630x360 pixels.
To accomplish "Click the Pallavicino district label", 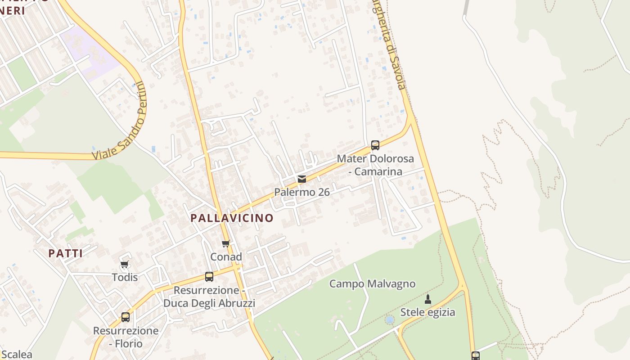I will pos(232,218).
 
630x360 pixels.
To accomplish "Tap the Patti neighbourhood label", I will pos(66,253).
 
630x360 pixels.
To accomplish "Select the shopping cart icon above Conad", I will pos(226,244).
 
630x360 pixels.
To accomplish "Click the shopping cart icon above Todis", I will pos(125,264).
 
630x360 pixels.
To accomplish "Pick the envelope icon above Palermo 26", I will pos(302,179).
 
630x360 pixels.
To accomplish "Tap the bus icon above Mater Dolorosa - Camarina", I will pos(375,145).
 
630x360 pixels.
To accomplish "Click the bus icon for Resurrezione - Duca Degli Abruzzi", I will pos(209,277).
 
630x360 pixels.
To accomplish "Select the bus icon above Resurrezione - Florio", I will pos(126,317).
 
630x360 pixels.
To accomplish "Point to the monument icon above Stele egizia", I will pos(428,299).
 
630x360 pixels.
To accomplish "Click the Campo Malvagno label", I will pos(372,284).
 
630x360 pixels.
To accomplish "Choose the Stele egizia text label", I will pos(427,312).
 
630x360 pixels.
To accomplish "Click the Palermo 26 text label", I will pos(302,192).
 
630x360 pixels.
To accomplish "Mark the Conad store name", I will pos(226,257).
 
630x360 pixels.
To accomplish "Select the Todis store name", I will pos(125,277).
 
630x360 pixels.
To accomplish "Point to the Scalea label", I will pos(16,355).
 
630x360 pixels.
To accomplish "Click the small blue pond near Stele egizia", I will pos(390,320).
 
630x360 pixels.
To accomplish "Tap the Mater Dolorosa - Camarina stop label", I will pos(375,165).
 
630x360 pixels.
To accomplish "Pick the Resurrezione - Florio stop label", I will pos(126,337).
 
